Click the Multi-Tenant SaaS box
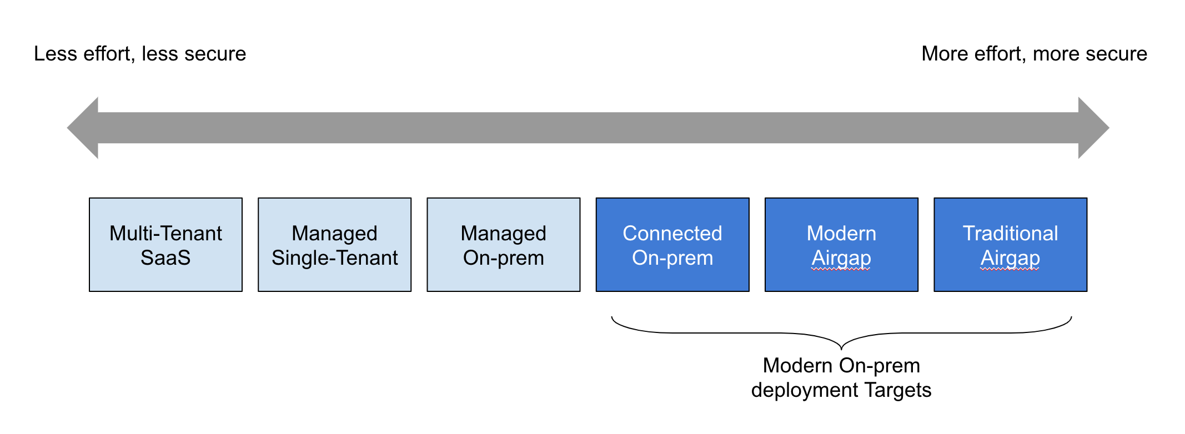point(165,245)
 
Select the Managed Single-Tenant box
point(335,245)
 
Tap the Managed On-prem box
point(504,245)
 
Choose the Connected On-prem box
point(672,245)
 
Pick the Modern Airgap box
point(841,245)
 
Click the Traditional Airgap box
point(1011,245)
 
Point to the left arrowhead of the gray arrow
point(83,128)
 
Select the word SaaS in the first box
point(165,258)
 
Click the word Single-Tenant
point(335,259)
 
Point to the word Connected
point(672,234)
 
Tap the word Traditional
point(1011,234)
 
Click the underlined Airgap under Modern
point(841,259)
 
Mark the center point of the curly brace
point(841,347)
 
